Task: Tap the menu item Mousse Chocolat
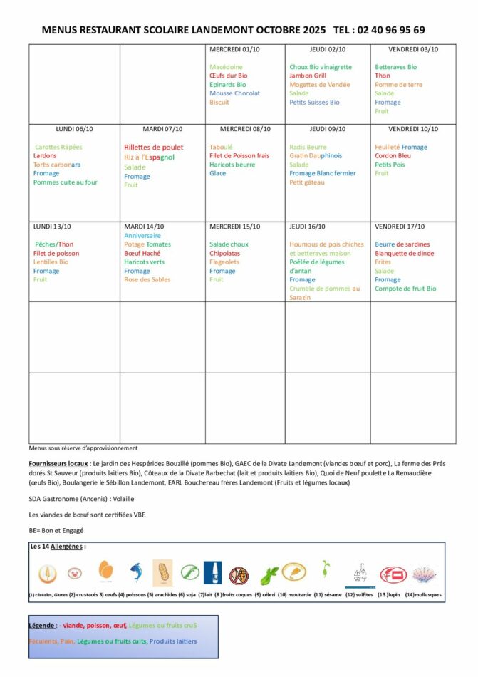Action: pos(234,93)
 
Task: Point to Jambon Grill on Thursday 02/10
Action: pos(307,76)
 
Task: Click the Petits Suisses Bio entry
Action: pos(314,102)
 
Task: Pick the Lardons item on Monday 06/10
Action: pos(45,155)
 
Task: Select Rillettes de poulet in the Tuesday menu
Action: pos(153,148)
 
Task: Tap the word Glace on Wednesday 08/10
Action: pos(217,173)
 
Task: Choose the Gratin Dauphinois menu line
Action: pos(316,155)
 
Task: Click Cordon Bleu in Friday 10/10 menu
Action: pos(393,155)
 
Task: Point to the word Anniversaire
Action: pos(142,235)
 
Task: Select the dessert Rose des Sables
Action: pos(147,279)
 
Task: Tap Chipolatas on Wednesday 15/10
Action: pos(224,253)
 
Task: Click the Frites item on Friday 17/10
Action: pos(383,262)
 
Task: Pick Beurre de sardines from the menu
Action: pos(402,244)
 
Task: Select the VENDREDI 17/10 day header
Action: pos(399,227)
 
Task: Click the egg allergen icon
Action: pos(105,572)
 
